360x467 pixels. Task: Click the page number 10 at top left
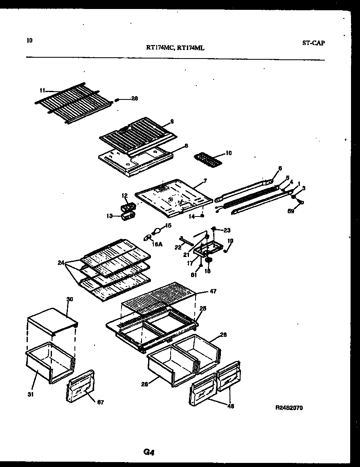click(29, 40)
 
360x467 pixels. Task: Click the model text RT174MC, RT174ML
click(175, 47)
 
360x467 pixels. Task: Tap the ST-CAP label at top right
click(314, 43)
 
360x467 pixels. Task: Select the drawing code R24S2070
click(289, 408)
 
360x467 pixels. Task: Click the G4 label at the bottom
click(148, 452)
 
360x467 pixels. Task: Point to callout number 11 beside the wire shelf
click(43, 90)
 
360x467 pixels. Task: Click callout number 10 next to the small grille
click(228, 153)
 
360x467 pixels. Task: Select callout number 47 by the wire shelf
click(213, 291)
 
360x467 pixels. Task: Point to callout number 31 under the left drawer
click(31, 394)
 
